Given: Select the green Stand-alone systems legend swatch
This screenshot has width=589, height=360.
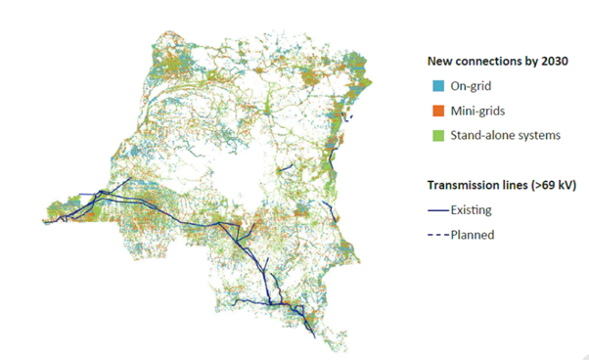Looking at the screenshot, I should pyautogui.click(x=434, y=135).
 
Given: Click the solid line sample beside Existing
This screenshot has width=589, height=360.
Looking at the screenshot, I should pyautogui.click(x=438, y=210).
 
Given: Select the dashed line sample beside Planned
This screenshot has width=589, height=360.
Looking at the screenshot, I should pyautogui.click(x=438, y=234).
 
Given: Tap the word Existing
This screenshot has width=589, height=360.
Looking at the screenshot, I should pyautogui.click(x=473, y=210).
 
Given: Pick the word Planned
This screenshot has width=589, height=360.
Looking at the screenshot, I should pyautogui.click(x=473, y=234).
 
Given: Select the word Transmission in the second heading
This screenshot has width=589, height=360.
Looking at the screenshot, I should pyautogui.click(x=465, y=185).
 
